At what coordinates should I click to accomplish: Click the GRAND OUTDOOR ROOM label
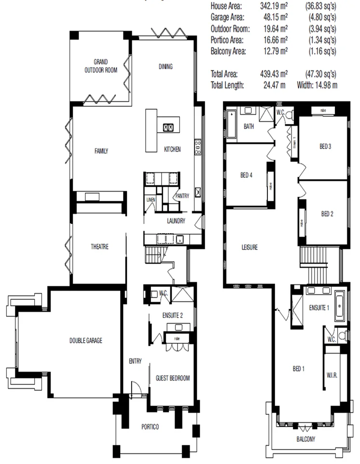100,66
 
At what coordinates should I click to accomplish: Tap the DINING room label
166,67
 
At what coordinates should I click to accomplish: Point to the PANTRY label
181,196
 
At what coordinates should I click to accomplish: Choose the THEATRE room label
99,247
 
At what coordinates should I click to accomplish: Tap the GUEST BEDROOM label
172,379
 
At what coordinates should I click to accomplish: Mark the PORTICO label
150,427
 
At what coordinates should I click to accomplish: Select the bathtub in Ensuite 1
339,306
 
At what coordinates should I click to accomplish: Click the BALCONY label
305,439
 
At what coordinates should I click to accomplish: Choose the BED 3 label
325,146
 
